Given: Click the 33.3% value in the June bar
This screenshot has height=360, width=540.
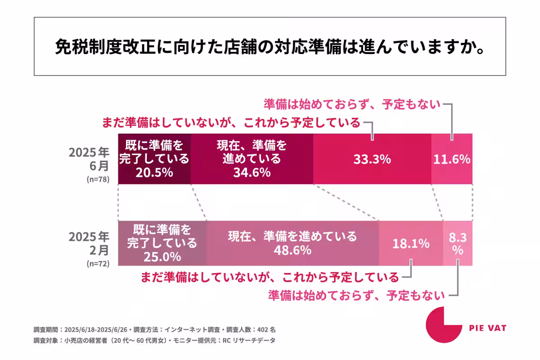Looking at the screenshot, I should pos(372,159).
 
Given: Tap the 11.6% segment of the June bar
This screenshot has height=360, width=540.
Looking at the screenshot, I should pos(452,159).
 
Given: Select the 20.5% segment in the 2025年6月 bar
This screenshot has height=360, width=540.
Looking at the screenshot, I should pos(154,159).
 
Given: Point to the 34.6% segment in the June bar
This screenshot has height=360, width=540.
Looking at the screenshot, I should pos(252,159).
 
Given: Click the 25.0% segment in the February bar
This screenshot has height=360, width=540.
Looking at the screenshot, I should pos(162,243).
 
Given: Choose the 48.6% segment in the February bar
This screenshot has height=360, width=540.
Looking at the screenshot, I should pos(292,243).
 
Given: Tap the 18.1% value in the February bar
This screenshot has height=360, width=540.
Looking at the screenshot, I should pos(411,243).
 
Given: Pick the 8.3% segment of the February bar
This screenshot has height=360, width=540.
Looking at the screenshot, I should pos(458,243).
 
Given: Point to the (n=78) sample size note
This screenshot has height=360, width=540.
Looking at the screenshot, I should pos(98,179).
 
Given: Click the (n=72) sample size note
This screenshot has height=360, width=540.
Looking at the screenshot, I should pos(98,264).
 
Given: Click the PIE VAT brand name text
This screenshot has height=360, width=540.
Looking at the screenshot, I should pos(487,328).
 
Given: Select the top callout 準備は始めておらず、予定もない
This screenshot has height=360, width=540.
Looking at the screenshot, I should pos(351,104).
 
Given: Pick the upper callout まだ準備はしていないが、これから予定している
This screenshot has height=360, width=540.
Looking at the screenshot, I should pos(231,122).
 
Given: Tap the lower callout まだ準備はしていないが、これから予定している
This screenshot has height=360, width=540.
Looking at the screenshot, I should pos(270,276).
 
